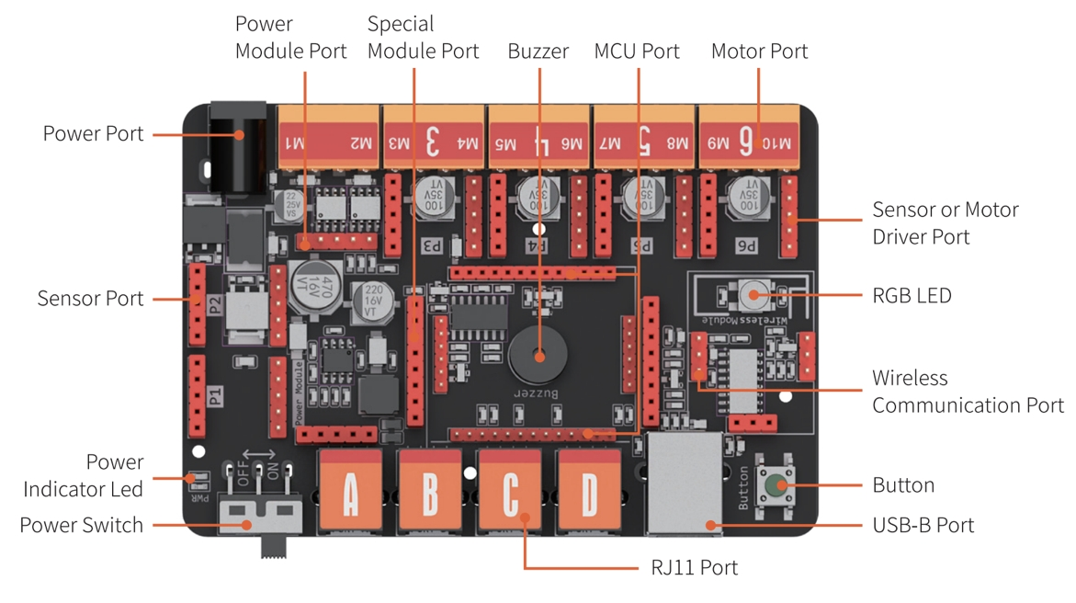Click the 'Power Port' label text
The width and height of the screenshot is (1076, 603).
(x=93, y=134)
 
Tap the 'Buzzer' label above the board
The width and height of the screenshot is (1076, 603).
(x=538, y=51)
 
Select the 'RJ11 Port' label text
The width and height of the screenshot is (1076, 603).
(x=694, y=568)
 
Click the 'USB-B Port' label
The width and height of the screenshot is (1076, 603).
(x=923, y=526)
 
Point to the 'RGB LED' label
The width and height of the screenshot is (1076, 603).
(x=912, y=296)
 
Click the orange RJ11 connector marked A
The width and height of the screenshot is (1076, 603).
(x=350, y=493)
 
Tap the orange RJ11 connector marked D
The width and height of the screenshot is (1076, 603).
(x=589, y=493)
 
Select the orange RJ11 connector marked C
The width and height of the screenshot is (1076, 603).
(x=510, y=493)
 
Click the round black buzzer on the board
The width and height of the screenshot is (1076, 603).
(x=539, y=355)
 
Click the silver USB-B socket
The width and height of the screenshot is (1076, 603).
(x=685, y=484)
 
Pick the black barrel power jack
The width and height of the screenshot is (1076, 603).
(x=238, y=147)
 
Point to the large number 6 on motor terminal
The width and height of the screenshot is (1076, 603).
(x=746, y=142)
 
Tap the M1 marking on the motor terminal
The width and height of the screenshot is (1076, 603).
(x=295, y=142)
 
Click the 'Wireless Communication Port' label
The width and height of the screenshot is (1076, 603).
(x=967, y=392)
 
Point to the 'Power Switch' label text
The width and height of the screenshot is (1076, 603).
(x=81, y=526)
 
